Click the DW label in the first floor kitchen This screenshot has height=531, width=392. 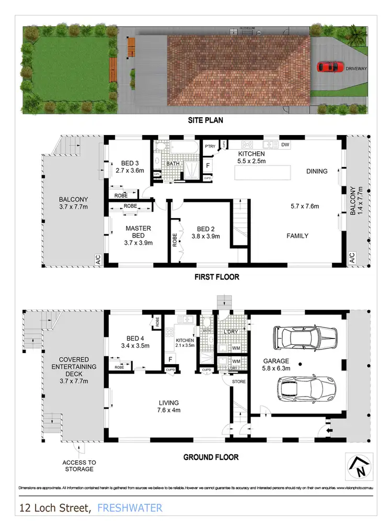(x=285, y=144)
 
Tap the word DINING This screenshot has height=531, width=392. (x=317, y=171)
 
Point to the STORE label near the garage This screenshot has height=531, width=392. (x=239, y=381)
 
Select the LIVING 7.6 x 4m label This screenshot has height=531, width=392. (x=169, y=406)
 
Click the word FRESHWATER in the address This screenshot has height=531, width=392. (x=130, y=507)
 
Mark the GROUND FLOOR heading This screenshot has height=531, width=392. (x=211, y=457)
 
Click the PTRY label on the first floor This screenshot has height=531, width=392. (x=211, y=146)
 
